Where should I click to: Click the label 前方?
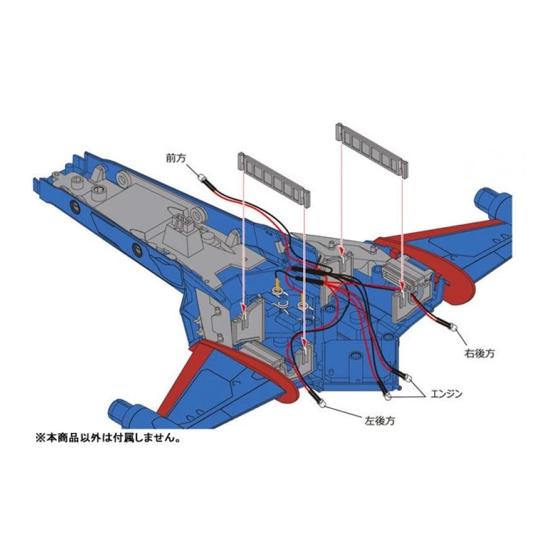coord(176,158)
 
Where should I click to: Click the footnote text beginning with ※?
coord(108,437)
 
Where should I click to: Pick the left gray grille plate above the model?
coord(274,180)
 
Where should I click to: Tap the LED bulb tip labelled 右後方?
coord(455,327)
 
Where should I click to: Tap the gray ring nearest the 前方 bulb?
coord(124,180)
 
